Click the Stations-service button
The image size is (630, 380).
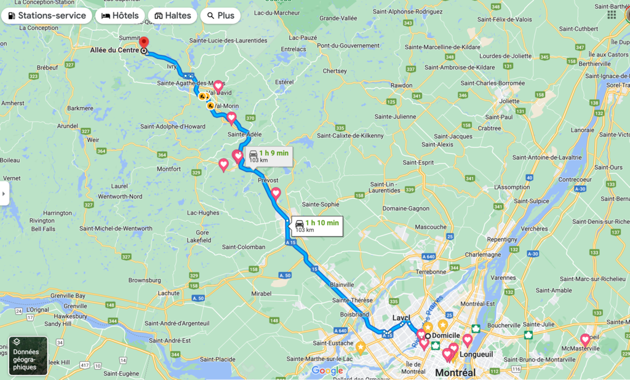[47, 15]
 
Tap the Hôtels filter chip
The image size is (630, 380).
[120, 15]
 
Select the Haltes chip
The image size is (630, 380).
[173, 15]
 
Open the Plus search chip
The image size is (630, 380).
[220, 15]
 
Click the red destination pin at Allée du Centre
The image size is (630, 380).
[144, 44]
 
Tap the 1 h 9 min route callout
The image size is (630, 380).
[268, 156]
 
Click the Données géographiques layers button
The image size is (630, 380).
[28, 355]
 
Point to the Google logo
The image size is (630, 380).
[327, 370]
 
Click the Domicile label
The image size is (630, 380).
[446, 336]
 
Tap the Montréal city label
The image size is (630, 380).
[456, 373]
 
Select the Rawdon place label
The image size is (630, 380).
[401, 85]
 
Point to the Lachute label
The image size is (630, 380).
[167, 293]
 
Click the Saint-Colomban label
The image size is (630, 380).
[243, 247]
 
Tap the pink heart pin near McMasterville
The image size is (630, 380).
[585, 339]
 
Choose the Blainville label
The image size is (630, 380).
[342, 285]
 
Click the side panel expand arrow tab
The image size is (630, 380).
[4, 193]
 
